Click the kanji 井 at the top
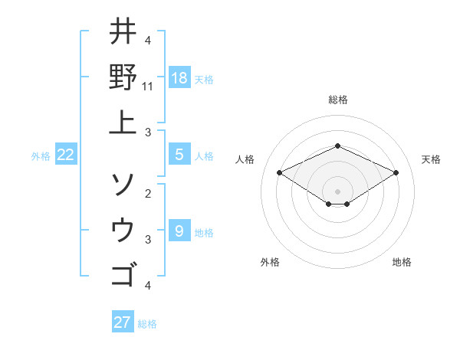click(123, 32)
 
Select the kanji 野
click(123, 77)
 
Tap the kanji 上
click(123, 121)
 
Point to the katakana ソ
click(123, 184)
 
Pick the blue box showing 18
click(179, 77)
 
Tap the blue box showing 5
click(179, 155)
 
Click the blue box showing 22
click(66, 155)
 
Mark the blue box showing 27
click(122, 322)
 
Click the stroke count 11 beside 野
click(148, 87)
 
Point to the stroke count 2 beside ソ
click(148, 193)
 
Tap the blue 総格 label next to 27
click(147, 324)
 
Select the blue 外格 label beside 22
click(41, 156)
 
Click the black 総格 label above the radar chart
click(337, 100)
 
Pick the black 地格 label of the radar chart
click(402, 262)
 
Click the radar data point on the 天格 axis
click(396, 172)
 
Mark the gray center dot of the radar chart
click(337, 191)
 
